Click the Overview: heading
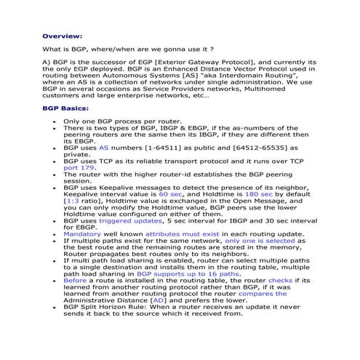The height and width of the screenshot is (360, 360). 62,35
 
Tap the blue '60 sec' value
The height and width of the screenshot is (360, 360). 171,195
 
